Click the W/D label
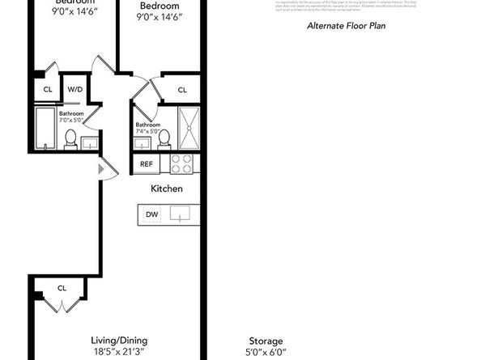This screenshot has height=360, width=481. [x=74, y=89]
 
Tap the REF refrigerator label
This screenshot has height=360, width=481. [x=147, y=163]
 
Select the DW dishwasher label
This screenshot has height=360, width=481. [x=152, y=214]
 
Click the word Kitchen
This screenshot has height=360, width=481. [x=166, y=188]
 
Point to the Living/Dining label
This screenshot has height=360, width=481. [x=119, y=341]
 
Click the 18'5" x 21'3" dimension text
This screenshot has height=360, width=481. [x=119, y=352]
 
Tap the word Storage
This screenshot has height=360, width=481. [x=266, y=341]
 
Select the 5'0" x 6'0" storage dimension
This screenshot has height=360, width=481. [x=266, y=352]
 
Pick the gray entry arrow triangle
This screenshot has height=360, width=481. [x=102, y=169]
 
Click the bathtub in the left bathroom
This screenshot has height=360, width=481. [x=45, y=129]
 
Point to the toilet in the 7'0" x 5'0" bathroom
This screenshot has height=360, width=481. [x=70, y=139]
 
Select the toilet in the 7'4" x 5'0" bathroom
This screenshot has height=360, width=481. [x=164, y=138]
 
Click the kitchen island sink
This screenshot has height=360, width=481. [x=179, y=214]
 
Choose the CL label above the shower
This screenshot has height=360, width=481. [x=182, y=90]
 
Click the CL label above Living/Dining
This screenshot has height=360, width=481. [x=62, y=288]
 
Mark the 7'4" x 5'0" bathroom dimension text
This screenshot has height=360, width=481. [x=147, y=133]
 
